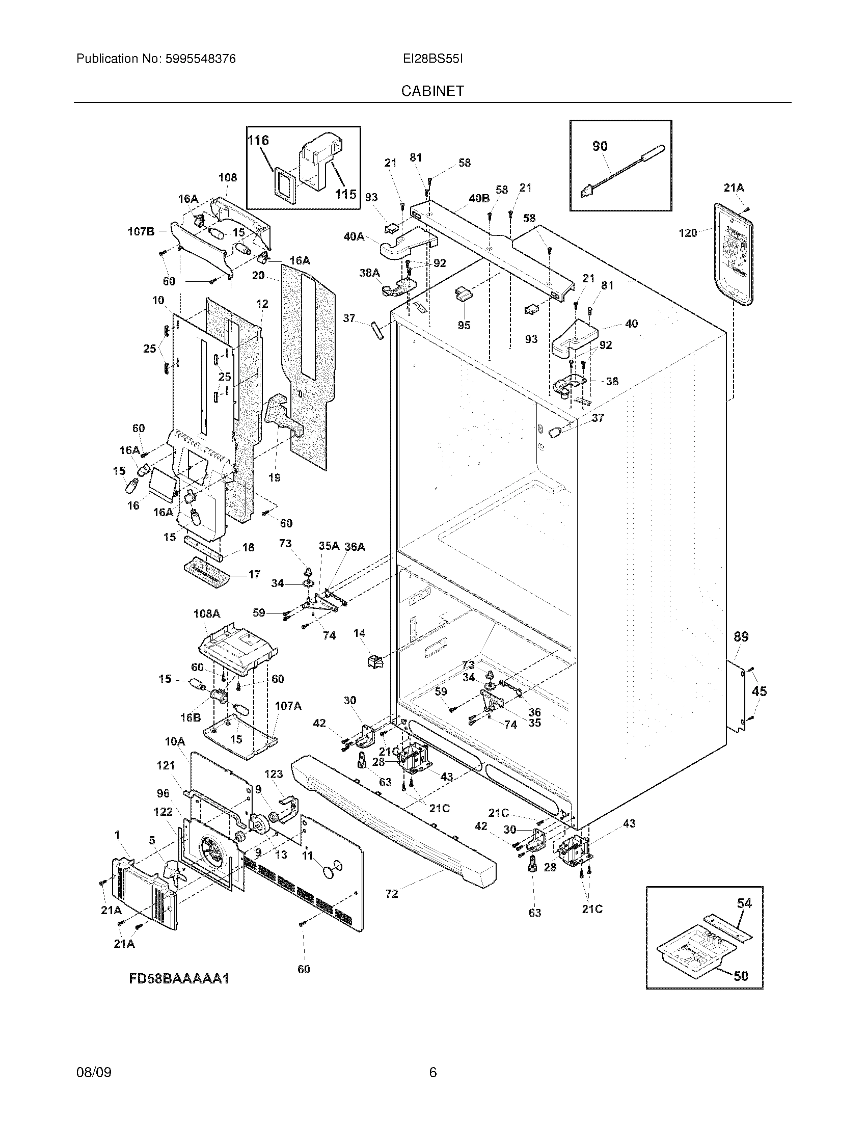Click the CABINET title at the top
coord(432,91)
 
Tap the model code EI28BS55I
coord(432,59)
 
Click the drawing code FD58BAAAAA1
coord(178,978)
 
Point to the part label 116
coord(258,140)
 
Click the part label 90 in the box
coord(600,146)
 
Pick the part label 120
coord(688,233)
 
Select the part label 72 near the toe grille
coord(391,894)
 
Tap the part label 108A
coord(207,613)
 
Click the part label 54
coord(744,917)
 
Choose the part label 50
coord(741,976)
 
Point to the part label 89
coord(741,637)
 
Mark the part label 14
coord(359,633)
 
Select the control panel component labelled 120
coord(734,257)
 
